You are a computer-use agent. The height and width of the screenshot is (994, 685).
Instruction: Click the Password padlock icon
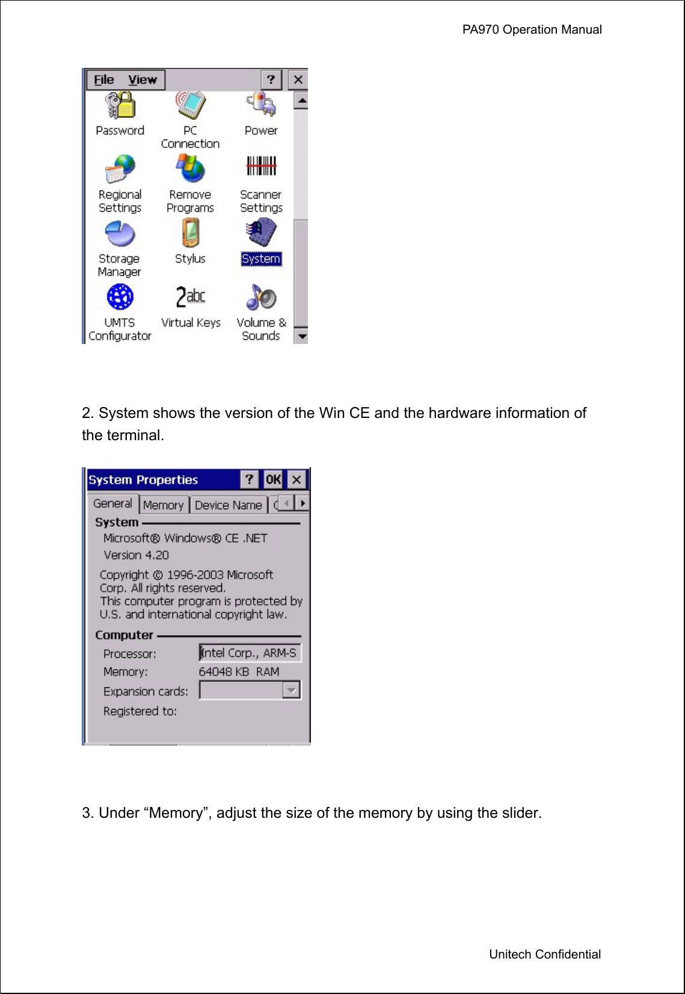120,105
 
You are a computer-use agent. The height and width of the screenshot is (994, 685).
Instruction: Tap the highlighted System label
261,259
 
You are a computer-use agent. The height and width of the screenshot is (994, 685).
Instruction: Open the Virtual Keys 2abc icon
190,297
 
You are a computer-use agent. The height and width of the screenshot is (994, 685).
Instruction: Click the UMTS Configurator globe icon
120,297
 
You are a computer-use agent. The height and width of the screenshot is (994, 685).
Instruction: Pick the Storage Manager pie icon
120,233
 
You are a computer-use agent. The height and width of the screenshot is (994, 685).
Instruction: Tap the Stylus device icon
191,233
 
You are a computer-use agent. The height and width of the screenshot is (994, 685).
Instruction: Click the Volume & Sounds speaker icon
261,297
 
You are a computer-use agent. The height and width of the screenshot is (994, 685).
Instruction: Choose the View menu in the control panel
143,80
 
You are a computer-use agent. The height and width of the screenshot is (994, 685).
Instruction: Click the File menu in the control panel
103,80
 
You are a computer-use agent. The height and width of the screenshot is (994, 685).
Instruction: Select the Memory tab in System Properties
163,505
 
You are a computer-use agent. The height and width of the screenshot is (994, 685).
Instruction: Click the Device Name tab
229,505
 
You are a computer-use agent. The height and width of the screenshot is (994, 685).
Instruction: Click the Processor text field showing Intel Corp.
250,653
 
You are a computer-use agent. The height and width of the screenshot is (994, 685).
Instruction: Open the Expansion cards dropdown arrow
291,690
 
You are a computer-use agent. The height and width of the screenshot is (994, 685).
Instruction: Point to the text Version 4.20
136,555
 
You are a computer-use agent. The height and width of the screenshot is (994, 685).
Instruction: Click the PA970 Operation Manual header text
532,29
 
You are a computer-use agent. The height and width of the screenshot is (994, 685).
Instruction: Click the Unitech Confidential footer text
544,954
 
